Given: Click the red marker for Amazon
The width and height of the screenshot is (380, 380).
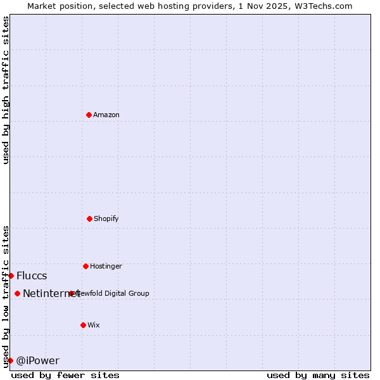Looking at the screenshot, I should click(89, 115).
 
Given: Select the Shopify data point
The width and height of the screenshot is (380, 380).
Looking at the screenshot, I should click(89, 218).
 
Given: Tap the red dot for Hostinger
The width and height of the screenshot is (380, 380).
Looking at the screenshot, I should click(85, 266).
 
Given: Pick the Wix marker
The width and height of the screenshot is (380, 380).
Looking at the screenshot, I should click(83, 325).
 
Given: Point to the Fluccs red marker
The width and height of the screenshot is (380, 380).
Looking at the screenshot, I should click(11, 275).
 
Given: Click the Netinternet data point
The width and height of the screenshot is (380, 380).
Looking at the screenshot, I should click(17, 293).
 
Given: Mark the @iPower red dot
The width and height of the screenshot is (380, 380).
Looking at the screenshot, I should click(10, 360).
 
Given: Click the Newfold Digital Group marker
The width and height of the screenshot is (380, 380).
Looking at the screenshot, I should click(71, 293).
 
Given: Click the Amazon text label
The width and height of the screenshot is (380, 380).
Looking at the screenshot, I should click(106, 115).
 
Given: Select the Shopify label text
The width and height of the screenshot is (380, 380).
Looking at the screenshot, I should click(106, 218).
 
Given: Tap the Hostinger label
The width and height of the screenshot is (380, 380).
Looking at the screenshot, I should click(106, 266).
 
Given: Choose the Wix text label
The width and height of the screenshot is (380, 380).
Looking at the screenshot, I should click(94, 325).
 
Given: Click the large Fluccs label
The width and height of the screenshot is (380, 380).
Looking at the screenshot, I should click(32, 275).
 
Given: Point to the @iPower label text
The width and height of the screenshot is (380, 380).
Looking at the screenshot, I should click(37, 360).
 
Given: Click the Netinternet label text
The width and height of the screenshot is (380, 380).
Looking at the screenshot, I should click(51, 293).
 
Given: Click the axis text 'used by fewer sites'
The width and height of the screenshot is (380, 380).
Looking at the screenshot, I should click(65, 375).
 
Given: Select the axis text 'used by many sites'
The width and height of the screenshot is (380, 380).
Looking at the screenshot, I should click(318, 375).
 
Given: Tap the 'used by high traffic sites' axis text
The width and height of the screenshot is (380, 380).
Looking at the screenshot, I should click(6, 89).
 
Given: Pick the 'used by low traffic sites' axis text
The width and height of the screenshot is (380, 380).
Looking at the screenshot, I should click(6, 296).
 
